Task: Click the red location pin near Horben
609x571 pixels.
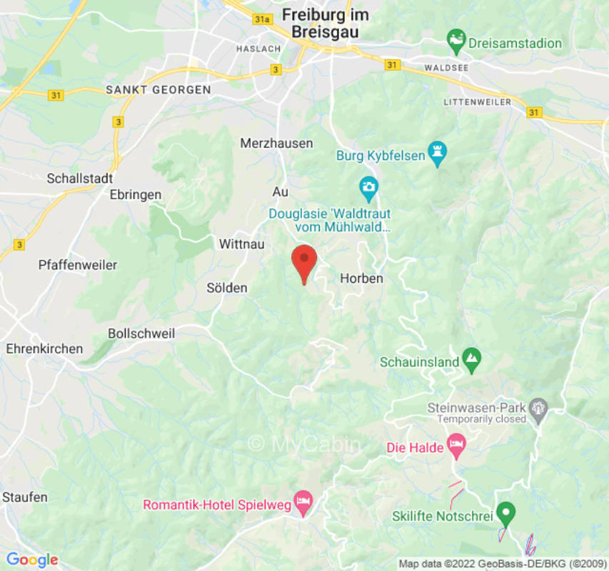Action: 305,262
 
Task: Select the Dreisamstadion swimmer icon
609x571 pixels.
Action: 456,39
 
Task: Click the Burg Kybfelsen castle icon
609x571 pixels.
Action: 437,153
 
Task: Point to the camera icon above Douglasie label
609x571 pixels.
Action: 368,188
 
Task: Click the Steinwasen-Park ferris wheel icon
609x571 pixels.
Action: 539,408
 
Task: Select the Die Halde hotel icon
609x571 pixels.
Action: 456,446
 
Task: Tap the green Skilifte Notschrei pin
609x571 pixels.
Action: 505,512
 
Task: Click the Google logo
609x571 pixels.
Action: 31,559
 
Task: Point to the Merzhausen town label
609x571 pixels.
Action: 276,143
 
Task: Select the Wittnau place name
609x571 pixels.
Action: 241,244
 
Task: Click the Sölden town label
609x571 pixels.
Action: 226,288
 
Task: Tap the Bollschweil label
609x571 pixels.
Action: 141,333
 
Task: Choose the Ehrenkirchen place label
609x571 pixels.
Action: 44,349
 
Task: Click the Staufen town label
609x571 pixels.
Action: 25,497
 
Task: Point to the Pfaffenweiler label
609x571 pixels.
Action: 77,265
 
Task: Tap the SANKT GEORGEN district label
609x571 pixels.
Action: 158,90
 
